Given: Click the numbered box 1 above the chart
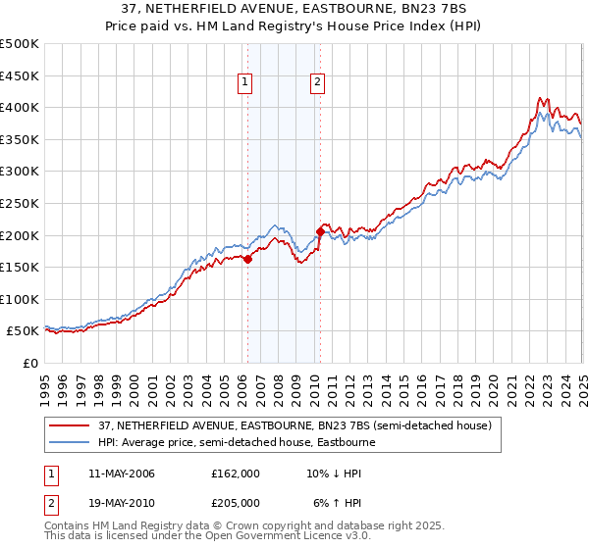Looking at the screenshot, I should pos(243,83).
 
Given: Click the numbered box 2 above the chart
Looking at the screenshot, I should pos(318,83).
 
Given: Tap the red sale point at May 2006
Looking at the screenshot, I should pos(247,259).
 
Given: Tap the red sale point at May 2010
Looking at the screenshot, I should pos(320,231).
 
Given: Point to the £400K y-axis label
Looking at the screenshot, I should pos(19,108).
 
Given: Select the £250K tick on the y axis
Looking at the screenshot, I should pos(19,203).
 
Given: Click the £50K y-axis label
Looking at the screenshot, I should pos(23,331).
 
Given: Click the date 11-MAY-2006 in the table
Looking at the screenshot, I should pos(115,473).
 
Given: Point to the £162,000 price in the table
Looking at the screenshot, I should pos(236,473).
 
